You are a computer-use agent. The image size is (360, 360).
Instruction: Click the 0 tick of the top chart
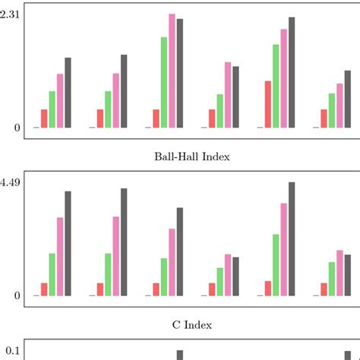17,128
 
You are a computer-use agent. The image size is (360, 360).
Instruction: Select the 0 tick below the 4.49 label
17,295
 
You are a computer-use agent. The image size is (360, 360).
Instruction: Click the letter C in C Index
177,325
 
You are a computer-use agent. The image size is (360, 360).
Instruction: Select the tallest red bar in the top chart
267,104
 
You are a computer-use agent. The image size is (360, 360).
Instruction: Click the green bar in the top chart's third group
164,82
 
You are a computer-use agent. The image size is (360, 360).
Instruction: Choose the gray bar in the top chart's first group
68,93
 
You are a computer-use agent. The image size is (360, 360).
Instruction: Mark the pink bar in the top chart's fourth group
228,95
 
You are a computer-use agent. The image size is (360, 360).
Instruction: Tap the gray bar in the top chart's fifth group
292,72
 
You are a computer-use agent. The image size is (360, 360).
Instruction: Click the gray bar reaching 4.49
292,238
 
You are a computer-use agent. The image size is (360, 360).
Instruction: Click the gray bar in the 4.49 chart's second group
124,242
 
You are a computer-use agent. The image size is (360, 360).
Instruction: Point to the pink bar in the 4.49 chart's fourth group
228,274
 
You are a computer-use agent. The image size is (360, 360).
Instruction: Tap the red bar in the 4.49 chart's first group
44,289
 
